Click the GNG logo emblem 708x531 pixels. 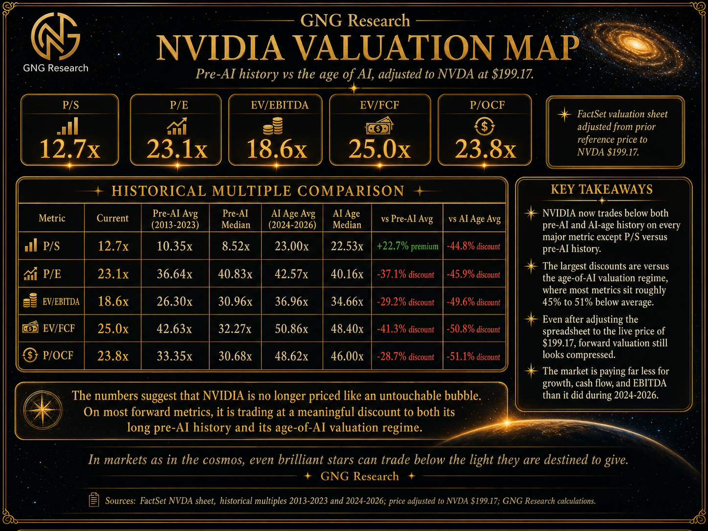(55, 36)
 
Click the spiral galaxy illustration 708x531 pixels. (634, 44)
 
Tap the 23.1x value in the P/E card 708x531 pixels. (177, 149)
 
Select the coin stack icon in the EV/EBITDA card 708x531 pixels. (273, 126)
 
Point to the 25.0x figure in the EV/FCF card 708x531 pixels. (379, 149)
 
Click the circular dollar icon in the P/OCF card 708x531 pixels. (484, 126)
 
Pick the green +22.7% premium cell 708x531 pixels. (407, 246)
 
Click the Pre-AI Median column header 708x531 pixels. (236, 219)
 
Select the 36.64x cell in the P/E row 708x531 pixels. (175, 274)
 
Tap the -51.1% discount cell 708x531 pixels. (473, 356)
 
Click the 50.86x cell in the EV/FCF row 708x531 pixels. (291, 329)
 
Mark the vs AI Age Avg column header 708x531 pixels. (474, 219)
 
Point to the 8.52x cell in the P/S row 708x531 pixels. (236, 246)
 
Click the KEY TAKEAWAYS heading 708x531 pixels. (601, 189)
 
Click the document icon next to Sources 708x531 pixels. (94, 500)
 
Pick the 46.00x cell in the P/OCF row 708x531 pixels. (347, 356)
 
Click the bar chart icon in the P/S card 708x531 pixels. (68, 126)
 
